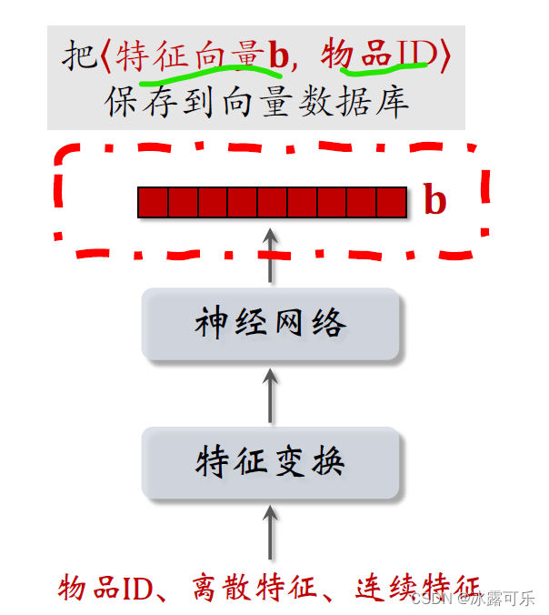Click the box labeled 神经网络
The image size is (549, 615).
(270, 324)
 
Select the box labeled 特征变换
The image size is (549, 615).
(270, 462)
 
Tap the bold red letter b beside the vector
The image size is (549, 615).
(436, 201)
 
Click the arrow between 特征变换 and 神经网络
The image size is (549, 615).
(270, 393)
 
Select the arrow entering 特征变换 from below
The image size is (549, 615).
(270, 533)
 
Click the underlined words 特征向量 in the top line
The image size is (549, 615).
(190, 55)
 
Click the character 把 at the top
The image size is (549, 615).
(77, 55)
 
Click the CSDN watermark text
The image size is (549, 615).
(432, 599)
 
